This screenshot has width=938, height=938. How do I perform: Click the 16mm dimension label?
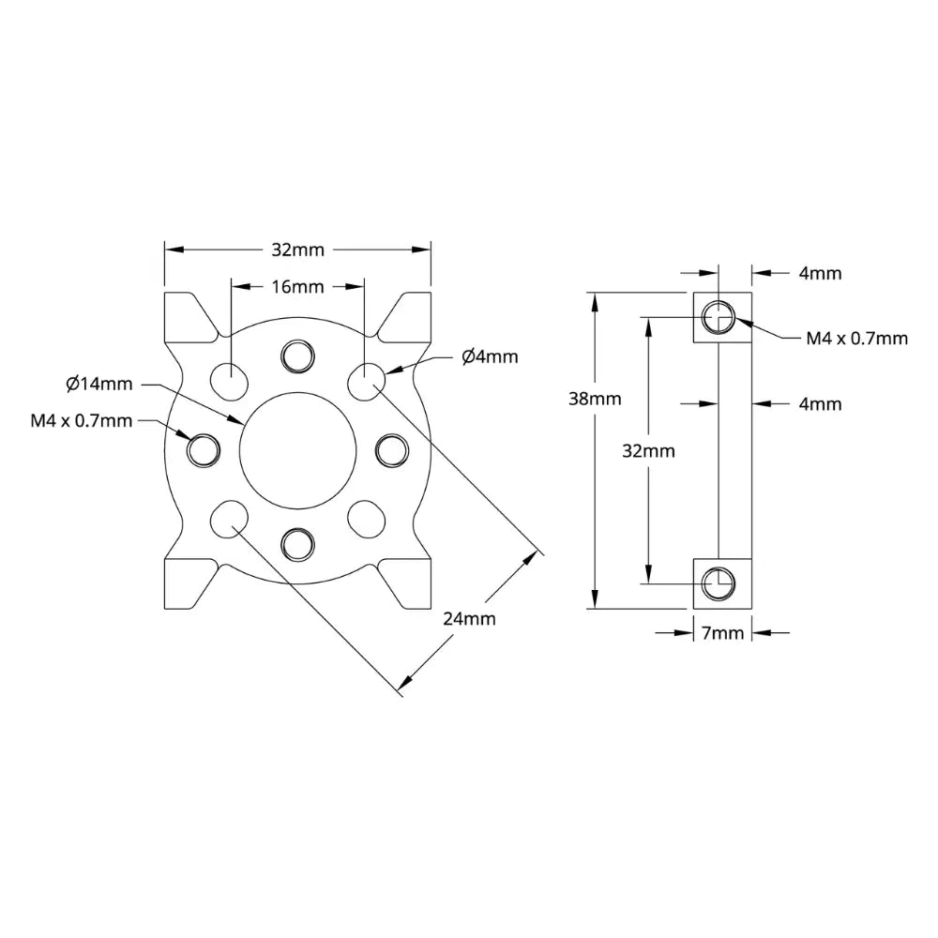click(x=297, y=286)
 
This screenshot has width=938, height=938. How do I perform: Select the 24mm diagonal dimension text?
click(x=469, y=618)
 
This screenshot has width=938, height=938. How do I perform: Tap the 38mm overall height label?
click(x=595, y=398)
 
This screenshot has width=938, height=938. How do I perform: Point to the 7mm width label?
click(x=722, y=633)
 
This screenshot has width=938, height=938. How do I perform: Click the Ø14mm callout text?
click(x=99, y=383)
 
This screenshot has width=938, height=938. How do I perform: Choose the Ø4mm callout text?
click(x=489, y=356)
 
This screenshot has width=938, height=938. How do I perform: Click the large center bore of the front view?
click(x=297, y=450)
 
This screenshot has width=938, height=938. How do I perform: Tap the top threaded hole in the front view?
click(x=297, y=356)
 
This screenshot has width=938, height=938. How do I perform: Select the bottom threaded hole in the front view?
click(x=297, y=543)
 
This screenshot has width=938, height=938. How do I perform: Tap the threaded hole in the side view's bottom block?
click(x=719, y=582)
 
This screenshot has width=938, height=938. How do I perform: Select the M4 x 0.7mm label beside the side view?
click(x=857, y=338)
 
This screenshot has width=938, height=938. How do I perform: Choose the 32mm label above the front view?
click(x=297, y=250)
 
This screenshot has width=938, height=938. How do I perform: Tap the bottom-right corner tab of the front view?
click(x=408, y=583)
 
